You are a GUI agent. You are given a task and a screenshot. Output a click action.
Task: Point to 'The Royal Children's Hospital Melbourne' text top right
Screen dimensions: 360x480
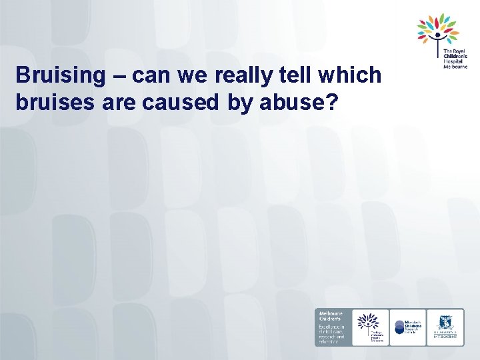(x=455, y=58)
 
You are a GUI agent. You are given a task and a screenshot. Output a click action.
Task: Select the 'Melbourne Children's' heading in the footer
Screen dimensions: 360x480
(x=331, y=317)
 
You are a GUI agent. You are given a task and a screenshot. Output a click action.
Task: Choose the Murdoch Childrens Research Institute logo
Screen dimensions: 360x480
(x=407, y=327)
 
